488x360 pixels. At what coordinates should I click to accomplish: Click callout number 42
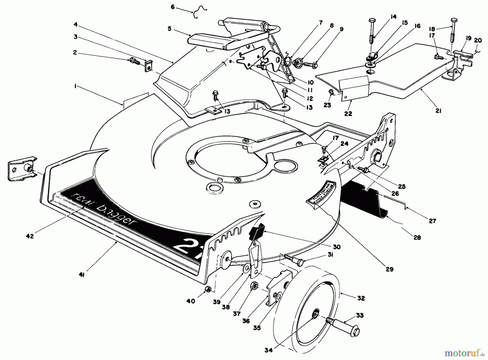pos(30,236)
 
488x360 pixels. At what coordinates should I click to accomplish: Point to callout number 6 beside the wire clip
pos(173,7)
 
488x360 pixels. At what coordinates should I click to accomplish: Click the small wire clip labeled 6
pos(200,12)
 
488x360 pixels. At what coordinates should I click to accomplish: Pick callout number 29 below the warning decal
pos(389,269)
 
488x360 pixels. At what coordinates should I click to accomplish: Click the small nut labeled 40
pos(208,290)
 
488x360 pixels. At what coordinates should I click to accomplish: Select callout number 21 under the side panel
pos(438,111)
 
